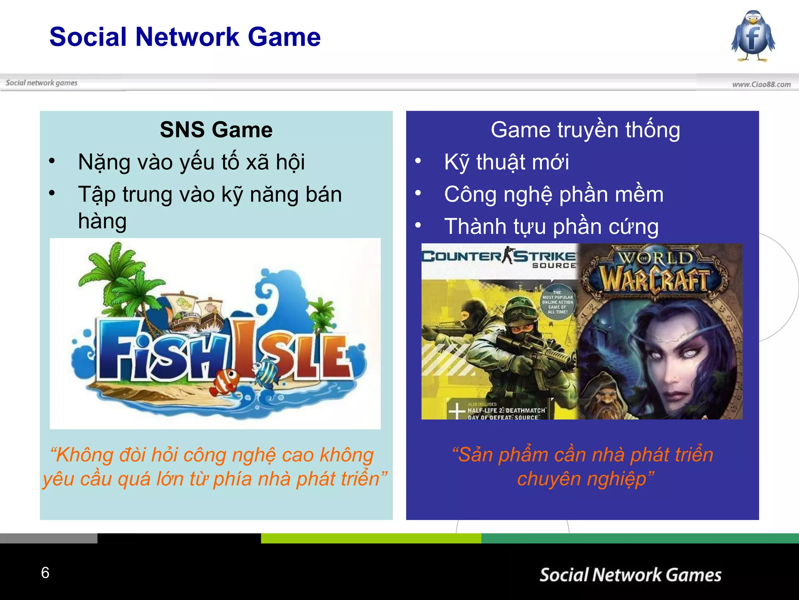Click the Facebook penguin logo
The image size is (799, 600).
click(753, 36)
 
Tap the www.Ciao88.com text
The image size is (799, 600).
click(761, 84)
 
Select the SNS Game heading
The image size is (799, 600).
click(216, 130)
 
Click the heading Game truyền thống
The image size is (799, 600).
click(585, 130)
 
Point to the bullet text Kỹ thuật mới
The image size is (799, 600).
click(506, 162)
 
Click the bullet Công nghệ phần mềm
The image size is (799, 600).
click(554, 195)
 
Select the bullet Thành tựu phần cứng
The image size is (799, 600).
click(551, 227)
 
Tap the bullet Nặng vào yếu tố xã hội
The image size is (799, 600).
click(191, 162)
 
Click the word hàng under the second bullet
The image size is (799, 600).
click(102, 221)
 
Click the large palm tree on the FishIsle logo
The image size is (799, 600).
click(117, 273)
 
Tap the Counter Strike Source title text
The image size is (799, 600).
click(499, 258)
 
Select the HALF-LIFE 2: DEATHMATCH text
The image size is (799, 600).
click(506, 411)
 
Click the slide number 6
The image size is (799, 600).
click(45, 573)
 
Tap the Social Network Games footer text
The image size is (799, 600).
click(630, 575)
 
